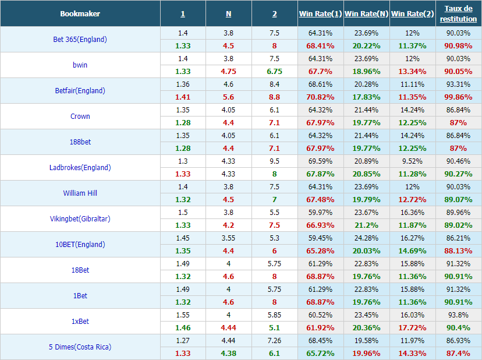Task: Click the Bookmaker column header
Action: [80, 13]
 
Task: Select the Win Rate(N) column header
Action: [366, 13]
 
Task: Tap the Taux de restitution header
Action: [458, 13]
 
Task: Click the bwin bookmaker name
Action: [80, 65]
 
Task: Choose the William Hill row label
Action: [80, 193]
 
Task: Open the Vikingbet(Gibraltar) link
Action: [80, 218]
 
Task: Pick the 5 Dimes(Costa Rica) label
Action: [80, 347]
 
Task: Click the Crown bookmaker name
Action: [80, 116]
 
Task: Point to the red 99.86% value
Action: [458, 97]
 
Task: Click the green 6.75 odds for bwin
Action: [275, 72]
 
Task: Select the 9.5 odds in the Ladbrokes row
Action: [275, 161]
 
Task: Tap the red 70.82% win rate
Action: [320, 97]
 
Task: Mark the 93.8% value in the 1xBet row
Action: [458, 315]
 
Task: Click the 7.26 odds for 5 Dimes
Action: [275, 341]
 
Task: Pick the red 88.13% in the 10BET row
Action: [458, 250]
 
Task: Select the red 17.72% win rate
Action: [412, 328]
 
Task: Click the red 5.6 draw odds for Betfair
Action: [228, 97]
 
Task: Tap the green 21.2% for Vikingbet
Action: [366, 225]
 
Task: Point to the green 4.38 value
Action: [228, 353]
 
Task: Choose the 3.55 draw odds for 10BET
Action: [228, 238]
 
